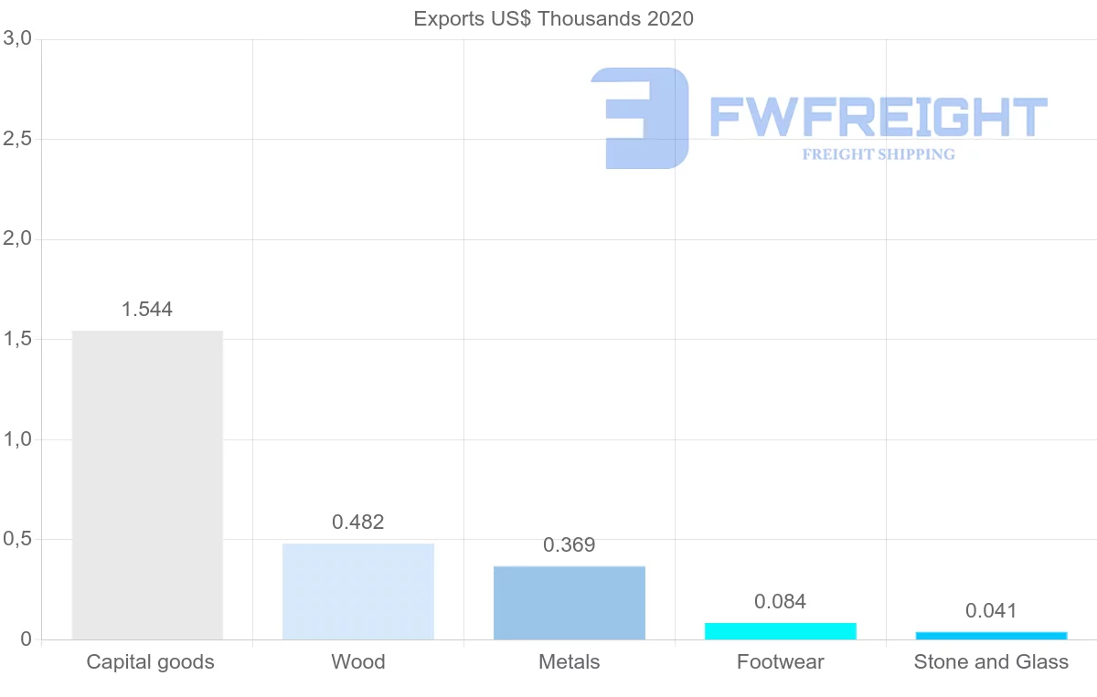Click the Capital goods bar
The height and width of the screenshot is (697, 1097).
pos(147,484)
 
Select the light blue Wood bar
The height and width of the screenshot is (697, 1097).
pos(358,591)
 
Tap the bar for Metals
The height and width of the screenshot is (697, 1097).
pos(570,602)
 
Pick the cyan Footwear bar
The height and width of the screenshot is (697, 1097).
pos(781,631)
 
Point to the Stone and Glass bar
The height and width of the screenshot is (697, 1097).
pos(991,635)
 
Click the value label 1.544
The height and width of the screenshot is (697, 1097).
pos(147,310)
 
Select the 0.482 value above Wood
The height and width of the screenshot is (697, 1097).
pos(358,523)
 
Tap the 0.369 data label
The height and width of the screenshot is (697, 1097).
pos(570,545)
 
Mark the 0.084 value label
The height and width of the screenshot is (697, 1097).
pos(781,602)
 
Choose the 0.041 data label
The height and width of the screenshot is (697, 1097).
pos(991,611)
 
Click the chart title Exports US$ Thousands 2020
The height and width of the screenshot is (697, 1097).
pos(554,18)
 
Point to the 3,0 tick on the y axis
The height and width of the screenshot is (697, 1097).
pos(18,39)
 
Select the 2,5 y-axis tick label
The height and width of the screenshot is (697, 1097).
pos(18,139)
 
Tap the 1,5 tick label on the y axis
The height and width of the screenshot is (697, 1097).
pos(18,339)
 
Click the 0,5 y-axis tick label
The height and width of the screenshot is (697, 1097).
pos(18,539)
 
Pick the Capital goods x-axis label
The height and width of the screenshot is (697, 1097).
pos(151,662)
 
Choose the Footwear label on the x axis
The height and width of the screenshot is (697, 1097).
pos(781,662)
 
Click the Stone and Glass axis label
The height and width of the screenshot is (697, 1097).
pos(991,662)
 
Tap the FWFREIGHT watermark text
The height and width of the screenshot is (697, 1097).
pos(878,117)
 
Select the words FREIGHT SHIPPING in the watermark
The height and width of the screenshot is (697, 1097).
pos(879,154)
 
